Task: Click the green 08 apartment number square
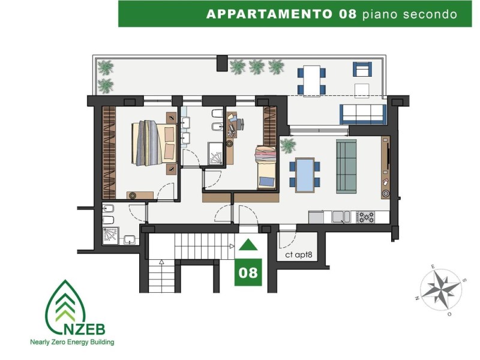click(x=248, y=272)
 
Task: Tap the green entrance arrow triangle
click(x=248, y=245)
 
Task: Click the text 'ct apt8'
click(x=298, y=254)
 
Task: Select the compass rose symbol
click(x=440, y=290)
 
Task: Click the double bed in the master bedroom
click(x=154, y=143)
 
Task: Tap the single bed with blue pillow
click(x=266, y=167)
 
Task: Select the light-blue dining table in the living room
click(x=305, y=175)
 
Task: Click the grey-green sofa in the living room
click(x=346, y=167)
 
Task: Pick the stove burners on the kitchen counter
click(x=365, y=217)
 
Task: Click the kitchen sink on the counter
click(x=341, y=217)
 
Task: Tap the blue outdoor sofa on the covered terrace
click(x=363, y=114)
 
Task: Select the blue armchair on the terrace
click(x=362, y=70)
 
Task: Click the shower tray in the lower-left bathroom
click(x=110, y=235)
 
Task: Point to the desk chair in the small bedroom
click(x=239, y=124)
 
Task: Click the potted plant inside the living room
click(x=288, y=145)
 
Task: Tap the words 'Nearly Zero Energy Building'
click(x=72, y=342)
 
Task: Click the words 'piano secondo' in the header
click(x=410, y=14)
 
